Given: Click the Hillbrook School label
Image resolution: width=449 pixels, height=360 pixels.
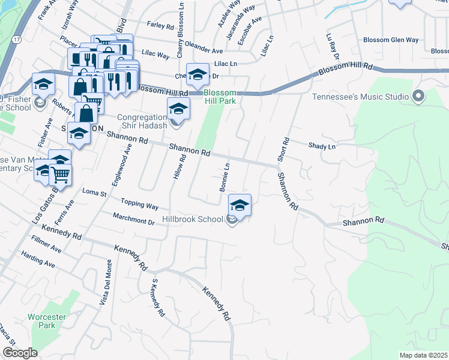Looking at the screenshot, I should coord(193,219).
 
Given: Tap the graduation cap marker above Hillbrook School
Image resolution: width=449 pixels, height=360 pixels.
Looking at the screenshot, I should coord(240,205).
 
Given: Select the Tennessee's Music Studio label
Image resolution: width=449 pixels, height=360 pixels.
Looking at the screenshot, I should coord(360,97).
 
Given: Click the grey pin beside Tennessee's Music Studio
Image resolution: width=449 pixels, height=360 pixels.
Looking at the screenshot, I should coord(418,96).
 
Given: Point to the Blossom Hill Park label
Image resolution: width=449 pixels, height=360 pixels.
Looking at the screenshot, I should coord(220,97).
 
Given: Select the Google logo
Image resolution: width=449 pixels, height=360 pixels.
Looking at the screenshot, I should coord(20,353).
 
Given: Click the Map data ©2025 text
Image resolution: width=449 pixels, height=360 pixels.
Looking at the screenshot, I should coord(423,355).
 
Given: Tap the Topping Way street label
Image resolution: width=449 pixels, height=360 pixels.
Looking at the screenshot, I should coord(139,204).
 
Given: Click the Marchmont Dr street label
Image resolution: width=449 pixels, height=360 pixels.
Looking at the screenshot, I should coord(133,218).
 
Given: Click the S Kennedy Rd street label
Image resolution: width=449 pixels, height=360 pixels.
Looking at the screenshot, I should coord(158,298).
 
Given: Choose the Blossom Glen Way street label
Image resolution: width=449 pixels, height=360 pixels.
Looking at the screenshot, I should coord(390,40).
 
